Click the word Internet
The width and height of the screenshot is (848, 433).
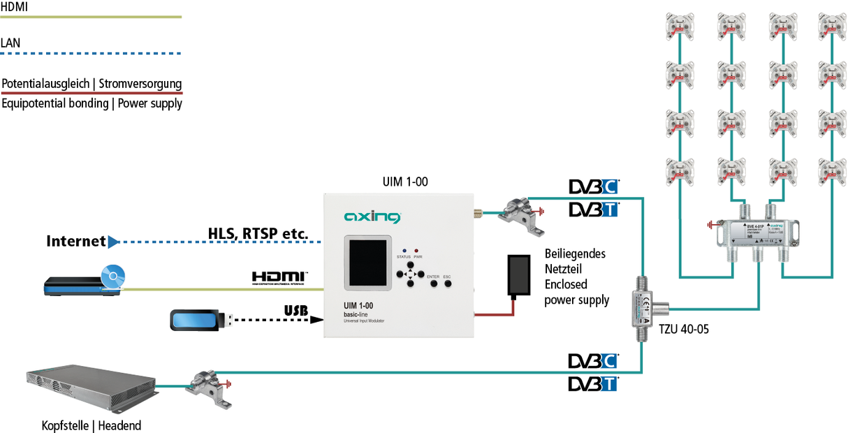pos(76,242)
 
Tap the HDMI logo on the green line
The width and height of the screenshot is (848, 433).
pos(279,278)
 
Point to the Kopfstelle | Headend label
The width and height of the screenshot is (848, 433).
pos(91,425)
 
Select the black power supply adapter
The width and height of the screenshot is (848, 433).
pos(520,274)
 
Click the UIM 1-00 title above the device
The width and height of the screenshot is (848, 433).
pos(404,182)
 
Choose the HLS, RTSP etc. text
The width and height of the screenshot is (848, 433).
pos(258,233)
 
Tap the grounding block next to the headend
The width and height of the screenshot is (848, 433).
pos(209,386)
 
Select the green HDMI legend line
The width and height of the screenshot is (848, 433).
pos(91,17)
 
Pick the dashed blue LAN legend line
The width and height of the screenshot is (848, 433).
pos(91,53)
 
